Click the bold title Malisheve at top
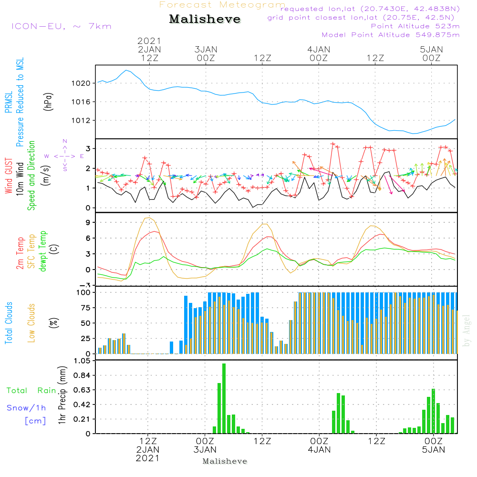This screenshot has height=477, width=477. pyautogui.click(x=205, y=20)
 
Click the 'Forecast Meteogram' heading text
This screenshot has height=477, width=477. pyautogui.click(x=222, y=5)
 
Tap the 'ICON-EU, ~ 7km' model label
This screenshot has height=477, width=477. pyautogui.click(x=61, y=26)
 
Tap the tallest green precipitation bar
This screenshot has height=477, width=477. pyautogui.click(x=224, y=398)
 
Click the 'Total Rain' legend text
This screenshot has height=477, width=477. pyautogui.click(x=31, y=391)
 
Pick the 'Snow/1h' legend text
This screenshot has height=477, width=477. pyautogui.click(x=27, y=408)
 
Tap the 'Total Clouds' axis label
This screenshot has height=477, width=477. pyautogui.click(x=9, y=322)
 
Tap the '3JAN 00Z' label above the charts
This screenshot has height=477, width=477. pyautogui.click(x=206, y=53)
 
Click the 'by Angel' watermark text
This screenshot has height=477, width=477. pyautogui.click(x=467, y=331)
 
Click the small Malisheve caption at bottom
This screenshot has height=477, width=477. pyautogui.click(x=225, y=461)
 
